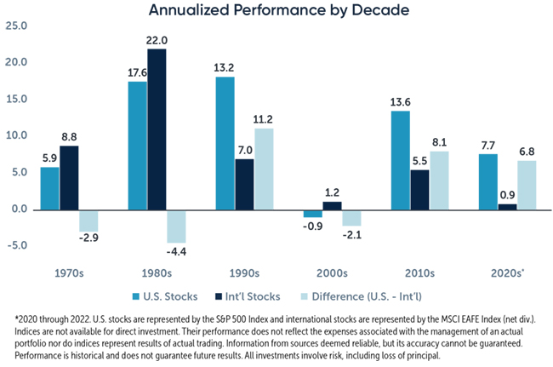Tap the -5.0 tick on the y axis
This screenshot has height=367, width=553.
(x=15, y=246)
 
